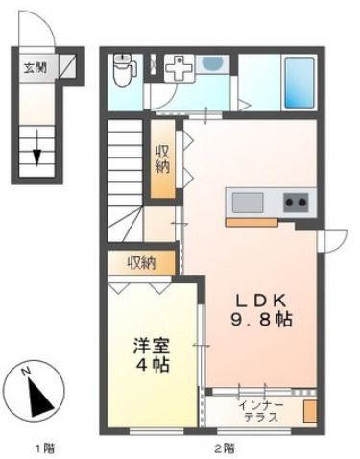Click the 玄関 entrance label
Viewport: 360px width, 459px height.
pos(33,68)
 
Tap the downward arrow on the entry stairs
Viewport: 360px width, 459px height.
pos(37,145)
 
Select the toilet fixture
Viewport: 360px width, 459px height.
pos(123,70)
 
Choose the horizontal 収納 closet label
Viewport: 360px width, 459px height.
pos(143,261)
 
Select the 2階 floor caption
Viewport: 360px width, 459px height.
pos(224,447)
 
